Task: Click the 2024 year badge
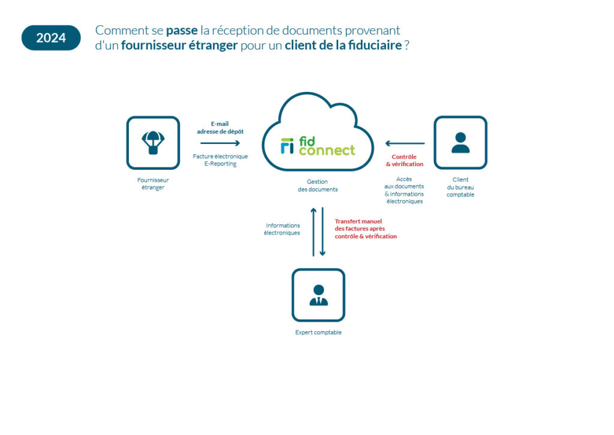pos(51,38)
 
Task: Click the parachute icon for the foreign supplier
pos(153,143)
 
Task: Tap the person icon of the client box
pos(460,143)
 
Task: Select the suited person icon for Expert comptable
pos(318,295)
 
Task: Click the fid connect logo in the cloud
pos(318,146)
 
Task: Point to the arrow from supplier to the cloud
pos(220,143)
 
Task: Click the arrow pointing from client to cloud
pos(405,143)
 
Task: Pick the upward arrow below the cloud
pos(313,232)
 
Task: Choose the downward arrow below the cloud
pos(323,232)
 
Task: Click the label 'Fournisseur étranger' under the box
pos(153,184)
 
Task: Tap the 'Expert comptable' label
pos(318,332)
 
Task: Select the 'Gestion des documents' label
pos(318,185)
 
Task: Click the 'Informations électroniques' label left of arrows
pos(282,229)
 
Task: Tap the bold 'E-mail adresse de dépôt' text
pos(220,127)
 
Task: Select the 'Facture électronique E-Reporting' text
pos(220,160)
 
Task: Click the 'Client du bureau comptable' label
pos(460,187)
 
